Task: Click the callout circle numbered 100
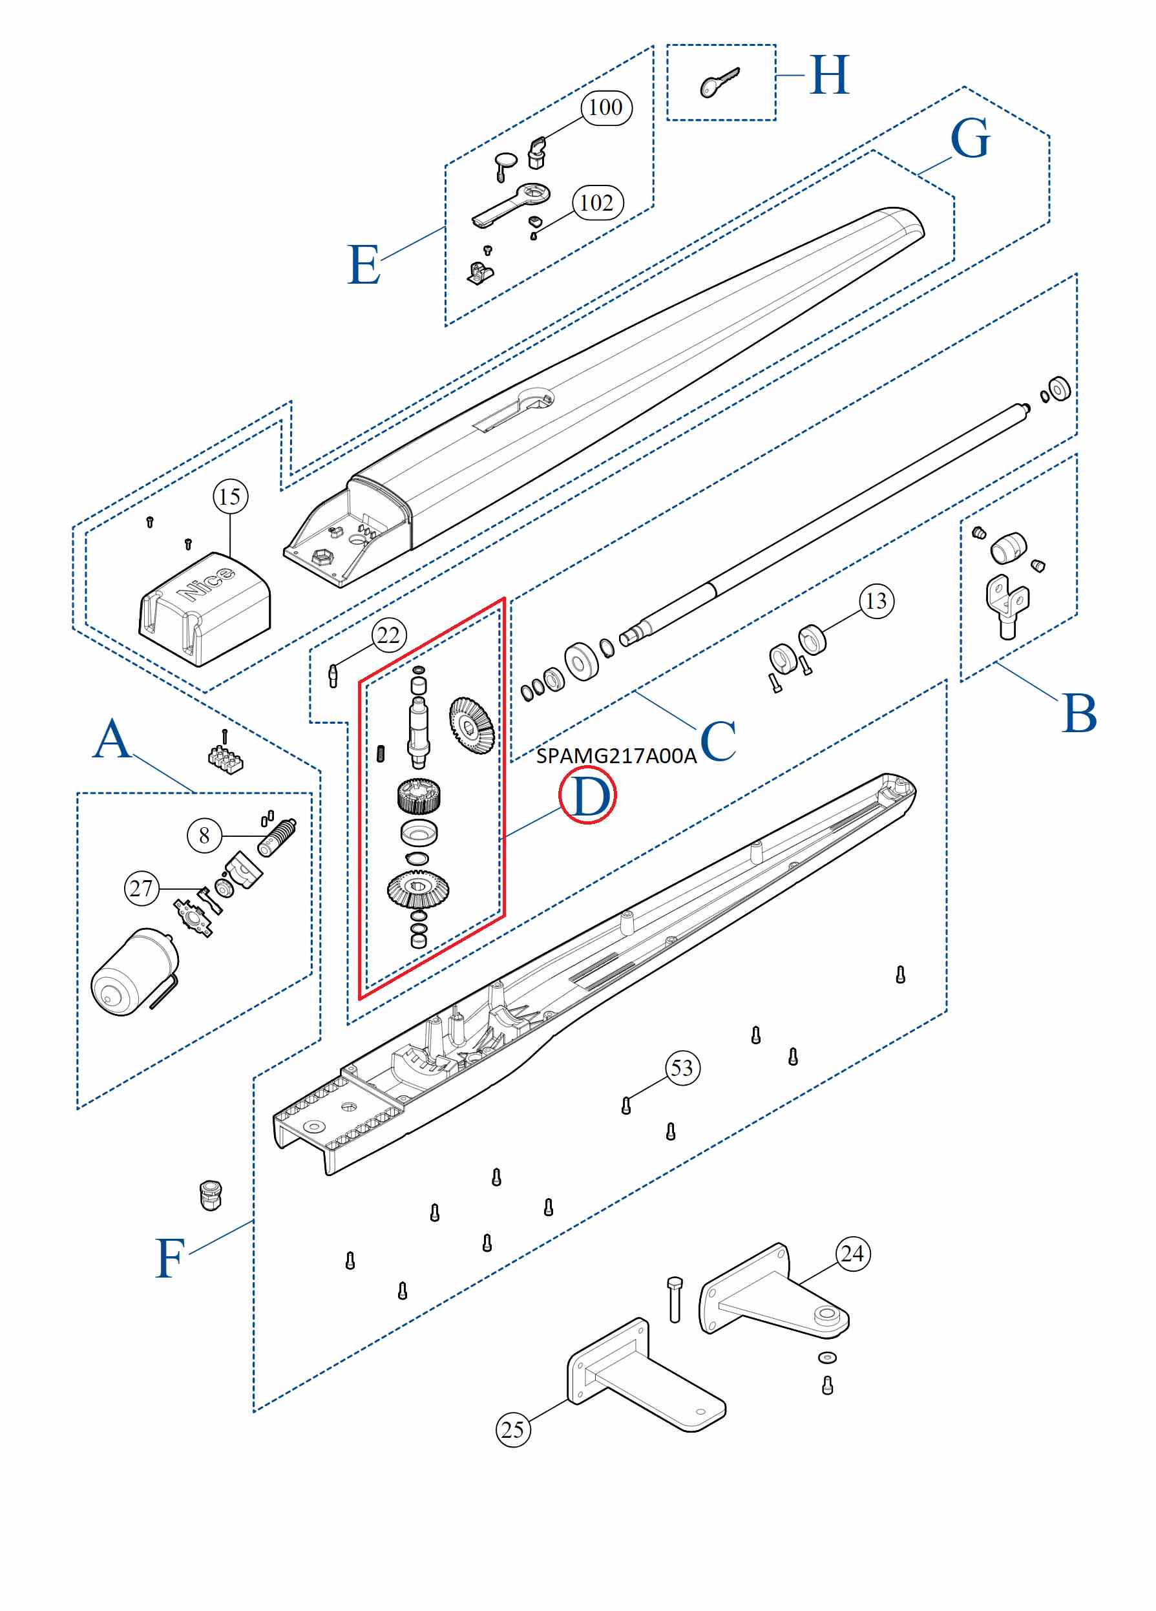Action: (x=605, y=108)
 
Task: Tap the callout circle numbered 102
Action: (x=597, y=203)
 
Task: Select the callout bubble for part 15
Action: (x=231, y=496)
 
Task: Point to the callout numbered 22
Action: (x=389, y=635)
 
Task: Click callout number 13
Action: (x=876, y=601)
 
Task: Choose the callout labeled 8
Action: (x=204, y=836)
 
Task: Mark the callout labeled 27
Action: (x=142, y=888)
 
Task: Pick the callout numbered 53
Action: (x=682, y=1068)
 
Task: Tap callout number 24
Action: (x=852, y=1254)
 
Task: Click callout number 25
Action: (x=512, y=1429)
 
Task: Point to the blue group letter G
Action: (x=969, y=138)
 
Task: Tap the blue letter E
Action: (x=364, y=265)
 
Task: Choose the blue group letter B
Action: (x=1078, y=713)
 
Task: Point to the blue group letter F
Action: (x=171, y=1258)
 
